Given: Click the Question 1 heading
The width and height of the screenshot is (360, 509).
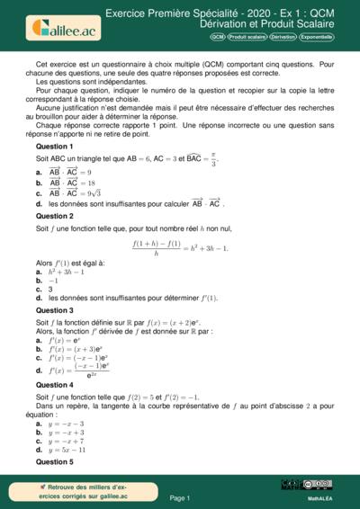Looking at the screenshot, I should [54, 146].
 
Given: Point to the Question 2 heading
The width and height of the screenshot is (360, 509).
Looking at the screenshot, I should [54, 216].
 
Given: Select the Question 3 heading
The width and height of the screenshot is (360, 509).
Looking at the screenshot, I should [54, 309].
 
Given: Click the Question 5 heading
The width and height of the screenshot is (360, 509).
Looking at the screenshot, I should [54, 461].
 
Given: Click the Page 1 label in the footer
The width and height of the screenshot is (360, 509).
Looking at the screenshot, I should [179, 497].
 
